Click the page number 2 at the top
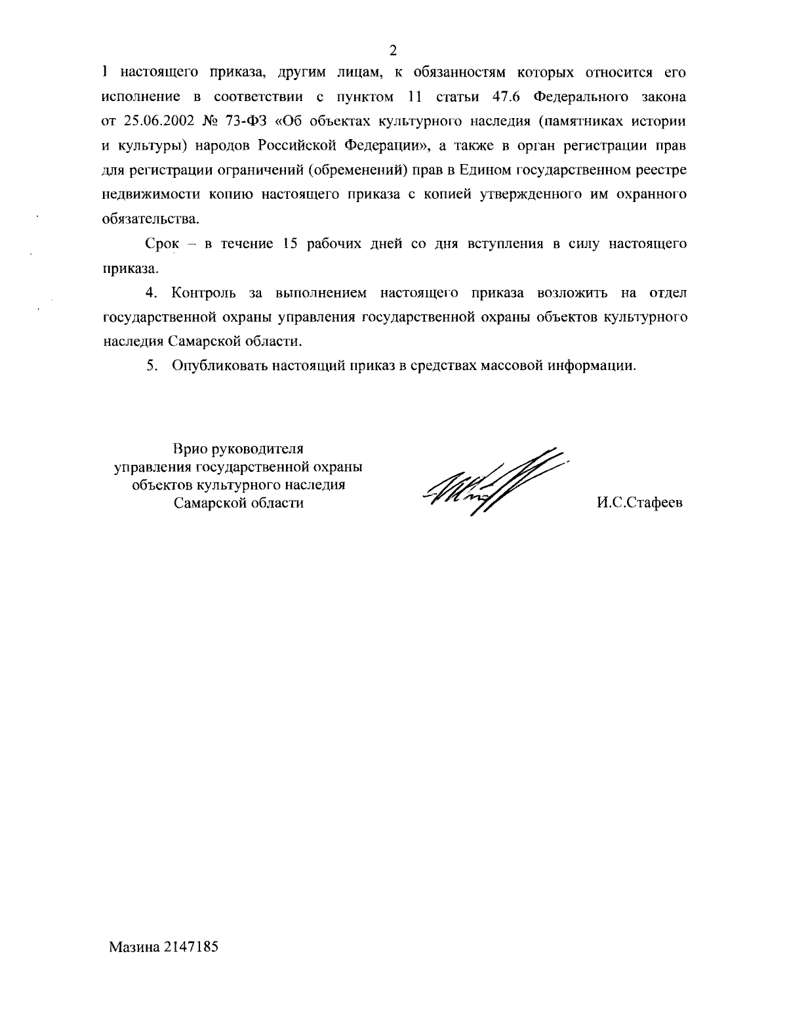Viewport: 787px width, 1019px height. (x=393, y=50)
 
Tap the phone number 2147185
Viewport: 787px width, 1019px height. (x=191, y=947)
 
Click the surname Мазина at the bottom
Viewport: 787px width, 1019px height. (x=136, y=947)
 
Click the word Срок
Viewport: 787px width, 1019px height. (x=161, y=244)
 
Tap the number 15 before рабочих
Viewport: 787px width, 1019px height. (x=289, y=244)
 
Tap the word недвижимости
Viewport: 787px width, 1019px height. (x=144, y=195)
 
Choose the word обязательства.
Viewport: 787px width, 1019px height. (x=148, y=218)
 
